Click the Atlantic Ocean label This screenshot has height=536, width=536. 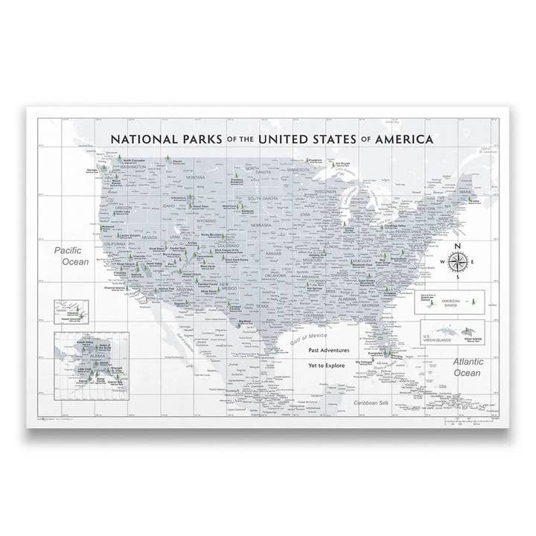[468, 367]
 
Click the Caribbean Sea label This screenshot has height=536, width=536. [371, 403]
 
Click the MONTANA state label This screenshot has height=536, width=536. [196, 177]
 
